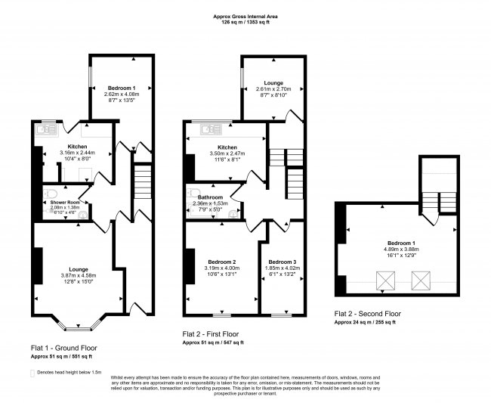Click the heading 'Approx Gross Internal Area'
(x=246, y=15)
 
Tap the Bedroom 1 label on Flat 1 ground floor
(x=121, y=88)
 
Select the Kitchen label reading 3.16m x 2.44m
(x=77, y=147)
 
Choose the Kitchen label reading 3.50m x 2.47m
(x=227, y=147)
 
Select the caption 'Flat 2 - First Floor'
(x=212, y=333)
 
